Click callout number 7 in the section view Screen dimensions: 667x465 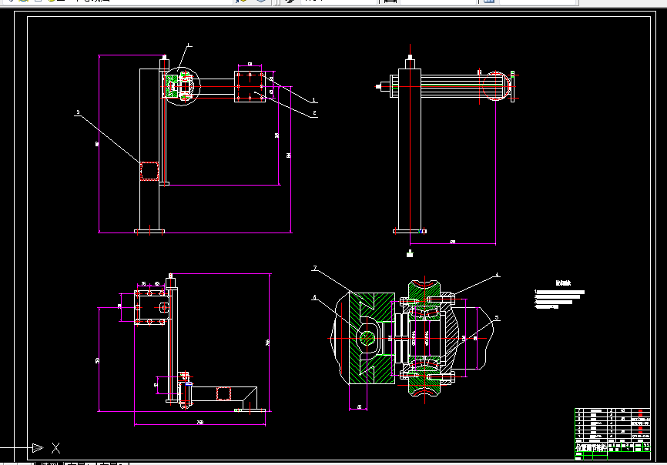coord(314,269)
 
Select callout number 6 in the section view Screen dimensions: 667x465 coord(314,296)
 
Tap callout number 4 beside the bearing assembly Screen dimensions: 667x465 coord(497,274)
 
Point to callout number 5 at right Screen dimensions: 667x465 coord(497,316)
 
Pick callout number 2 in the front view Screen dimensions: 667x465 coord(314,114)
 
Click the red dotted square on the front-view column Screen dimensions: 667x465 coord(149,170)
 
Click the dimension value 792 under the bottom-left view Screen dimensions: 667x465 coord(200,423)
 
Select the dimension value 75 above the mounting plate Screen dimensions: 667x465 coord(144,284)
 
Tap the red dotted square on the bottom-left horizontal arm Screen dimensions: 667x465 coord(223,394)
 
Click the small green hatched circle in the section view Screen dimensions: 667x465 coord(369,337)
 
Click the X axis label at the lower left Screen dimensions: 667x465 coord(55,447)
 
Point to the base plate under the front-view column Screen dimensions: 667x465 coord(149,230)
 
